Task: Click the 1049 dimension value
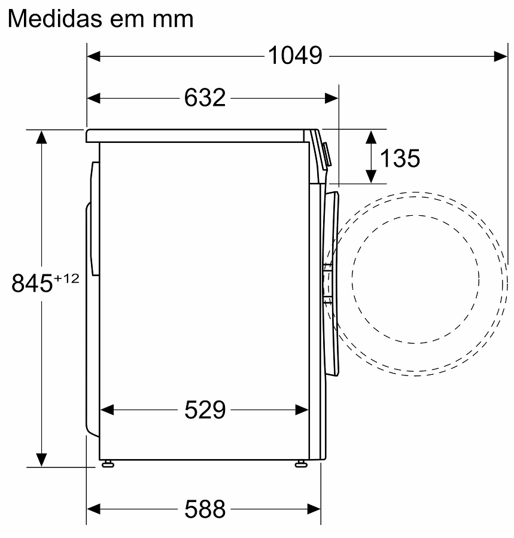tap(295, 55)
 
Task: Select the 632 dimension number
tap(205, 98)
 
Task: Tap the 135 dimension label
tap(400, 158)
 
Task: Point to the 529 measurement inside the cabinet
tap(205, 409)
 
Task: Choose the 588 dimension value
tap(205, 509)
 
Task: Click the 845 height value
tap(32, 283)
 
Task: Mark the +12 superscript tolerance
tap(66, 278)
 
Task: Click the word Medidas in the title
tap(54, 19)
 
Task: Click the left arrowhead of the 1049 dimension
tap(93, 56)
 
